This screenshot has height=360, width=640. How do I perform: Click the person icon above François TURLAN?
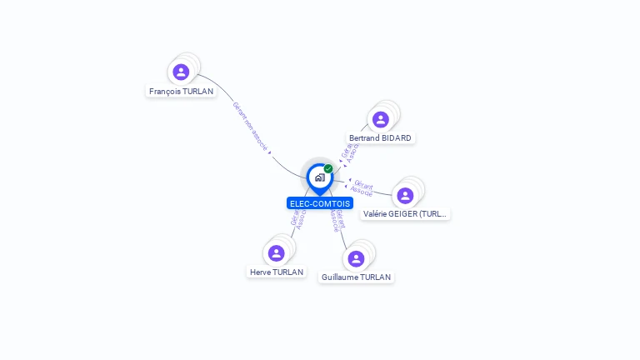(x=181, y=72)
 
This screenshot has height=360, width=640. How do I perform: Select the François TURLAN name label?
(x=181, y=92)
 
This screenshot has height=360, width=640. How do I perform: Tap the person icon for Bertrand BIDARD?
(x=381, y=119)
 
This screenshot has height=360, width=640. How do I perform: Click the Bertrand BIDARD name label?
(x=380, y=137)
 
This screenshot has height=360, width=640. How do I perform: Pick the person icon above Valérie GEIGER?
(x=405, y=195)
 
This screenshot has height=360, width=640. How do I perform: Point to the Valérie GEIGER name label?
(x=406, y=213)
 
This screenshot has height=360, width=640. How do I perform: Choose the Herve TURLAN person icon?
(x=277, y=253)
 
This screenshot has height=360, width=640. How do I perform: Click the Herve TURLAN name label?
(x=277, y=272)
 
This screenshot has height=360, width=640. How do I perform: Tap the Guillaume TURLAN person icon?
(x=356, y=258)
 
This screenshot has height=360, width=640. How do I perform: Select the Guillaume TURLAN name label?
(x=356, y=277)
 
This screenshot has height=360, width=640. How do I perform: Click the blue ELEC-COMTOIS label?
(x=320, y=203)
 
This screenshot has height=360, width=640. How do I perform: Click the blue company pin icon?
(x=319, y=177)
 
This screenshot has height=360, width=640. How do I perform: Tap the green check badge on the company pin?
(x=328, y=168)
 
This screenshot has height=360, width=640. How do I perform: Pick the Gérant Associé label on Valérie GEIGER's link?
(x=362, y=187)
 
